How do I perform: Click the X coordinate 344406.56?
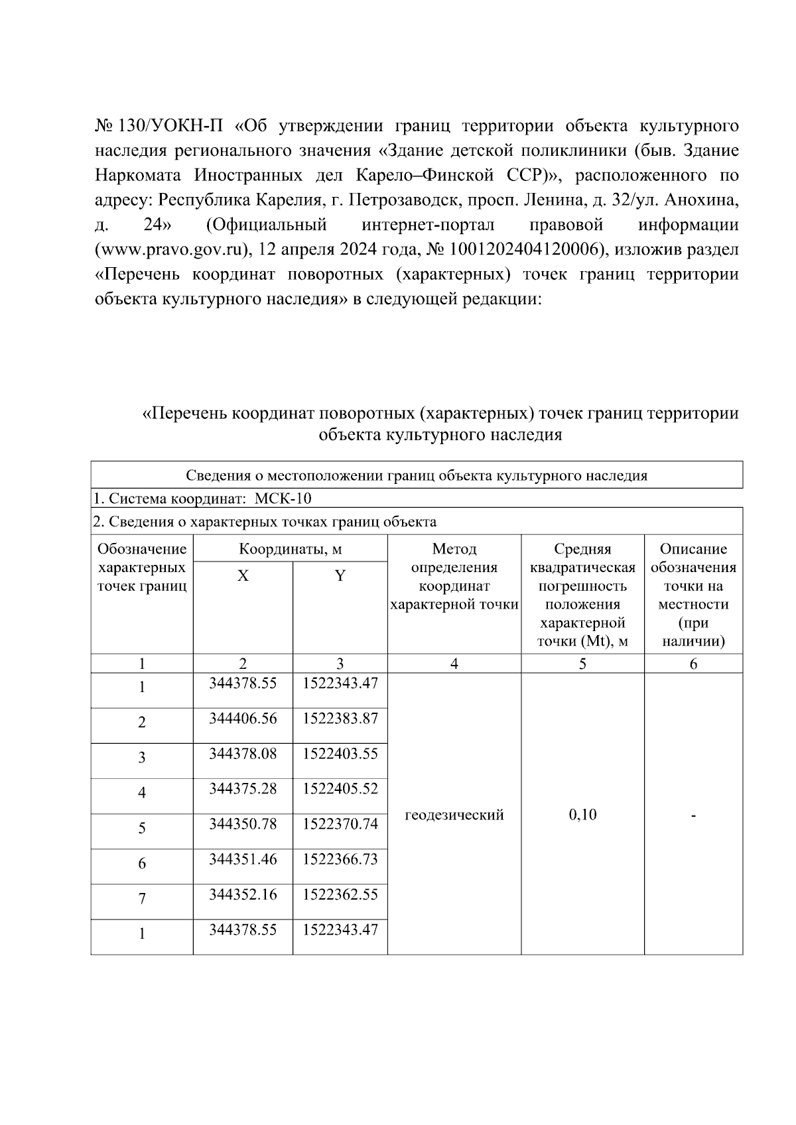[x=243, y=719]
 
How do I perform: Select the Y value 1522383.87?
[x=340, y=719]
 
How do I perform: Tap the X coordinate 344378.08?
[x=243, y=754]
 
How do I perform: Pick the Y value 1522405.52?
[x=340, y=789]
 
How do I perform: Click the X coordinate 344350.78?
[x=243, y=824]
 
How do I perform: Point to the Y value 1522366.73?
[x=340, y=859]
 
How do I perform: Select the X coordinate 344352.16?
[x=243, y=894]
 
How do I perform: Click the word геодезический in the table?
[x=454, y=815]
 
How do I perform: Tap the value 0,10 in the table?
[x=582, y=815]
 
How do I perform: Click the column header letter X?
[x=243, y=576]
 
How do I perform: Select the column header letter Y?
[x=340, y=576]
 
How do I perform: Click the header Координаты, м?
[x=291, y=549]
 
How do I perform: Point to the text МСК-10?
[x=283, y=499]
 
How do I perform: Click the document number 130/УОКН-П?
[x=171, y=126]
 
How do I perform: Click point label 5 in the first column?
[x=142, y=828]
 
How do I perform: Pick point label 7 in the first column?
[x=142, y=898]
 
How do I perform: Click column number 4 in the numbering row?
[x=454, y=664]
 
